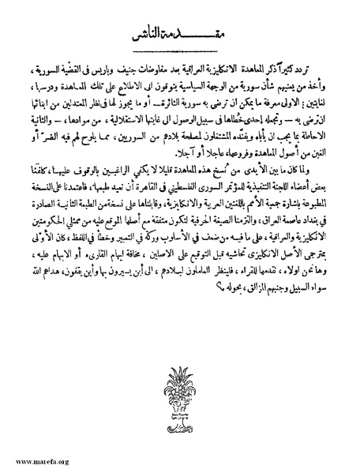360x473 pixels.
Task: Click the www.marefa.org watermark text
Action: (x=40, y=460)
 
